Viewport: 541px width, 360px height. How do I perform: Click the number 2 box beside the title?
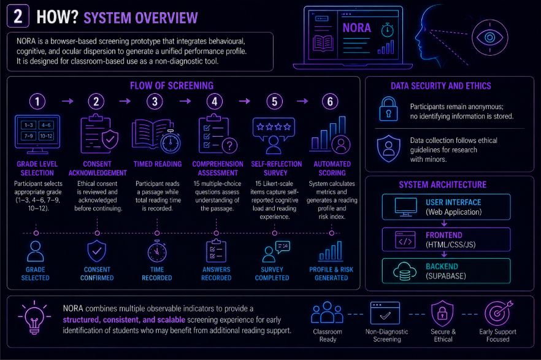pos(18,17)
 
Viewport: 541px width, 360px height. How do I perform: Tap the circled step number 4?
pos(215,102)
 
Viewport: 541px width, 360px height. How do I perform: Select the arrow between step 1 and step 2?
pos(67,101)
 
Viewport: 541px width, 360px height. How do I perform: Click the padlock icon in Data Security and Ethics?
pos(388,109)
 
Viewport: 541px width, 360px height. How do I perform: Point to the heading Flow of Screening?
pos(172,85)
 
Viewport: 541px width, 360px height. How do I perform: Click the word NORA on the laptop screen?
pos(357,28)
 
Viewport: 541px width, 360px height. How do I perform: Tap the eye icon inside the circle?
pos(489,37)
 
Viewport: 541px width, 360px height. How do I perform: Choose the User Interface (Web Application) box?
pos(446,207)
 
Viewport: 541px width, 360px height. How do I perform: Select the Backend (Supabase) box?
pos(446,271)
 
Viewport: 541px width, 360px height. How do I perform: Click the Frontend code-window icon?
pos(405,240)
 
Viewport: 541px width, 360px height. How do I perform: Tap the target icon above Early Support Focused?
pos(498,313)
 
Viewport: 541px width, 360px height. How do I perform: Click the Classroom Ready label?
pos(328,335)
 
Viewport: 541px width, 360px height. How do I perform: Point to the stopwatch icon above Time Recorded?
pos(157,251)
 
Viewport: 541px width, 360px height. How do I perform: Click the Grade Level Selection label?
pos(37,169)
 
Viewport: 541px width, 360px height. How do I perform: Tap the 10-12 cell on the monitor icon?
pos(46,136)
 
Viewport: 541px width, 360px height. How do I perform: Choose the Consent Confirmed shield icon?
pos(97,251)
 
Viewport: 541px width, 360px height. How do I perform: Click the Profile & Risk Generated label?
pos(331,274)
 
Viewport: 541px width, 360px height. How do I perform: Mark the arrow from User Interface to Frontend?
pos(444,223)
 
